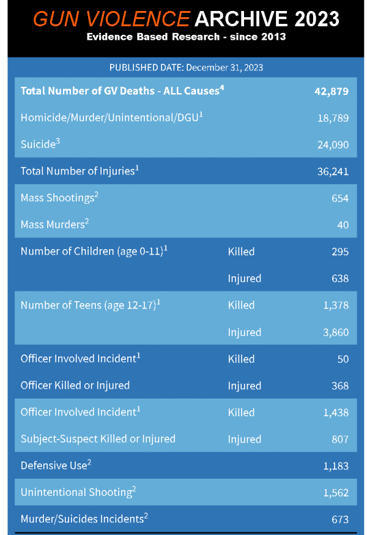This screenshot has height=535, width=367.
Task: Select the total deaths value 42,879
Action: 331,92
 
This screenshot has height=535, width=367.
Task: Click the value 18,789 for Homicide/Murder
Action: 333,118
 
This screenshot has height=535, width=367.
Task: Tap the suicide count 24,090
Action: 333,145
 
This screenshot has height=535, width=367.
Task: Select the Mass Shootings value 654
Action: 339,198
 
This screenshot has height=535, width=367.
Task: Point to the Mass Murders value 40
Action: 343,225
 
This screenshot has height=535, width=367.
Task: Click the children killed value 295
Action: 339,252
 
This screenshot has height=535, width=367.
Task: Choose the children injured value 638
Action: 339,279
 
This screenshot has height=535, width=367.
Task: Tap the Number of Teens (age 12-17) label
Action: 90,305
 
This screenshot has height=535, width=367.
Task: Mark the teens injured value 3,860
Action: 336,332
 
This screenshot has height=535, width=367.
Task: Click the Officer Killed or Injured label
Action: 75,386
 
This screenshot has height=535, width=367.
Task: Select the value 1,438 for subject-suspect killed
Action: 336,413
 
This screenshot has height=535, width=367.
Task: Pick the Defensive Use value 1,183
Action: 336,466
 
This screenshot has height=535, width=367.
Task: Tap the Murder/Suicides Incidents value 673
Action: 339,519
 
